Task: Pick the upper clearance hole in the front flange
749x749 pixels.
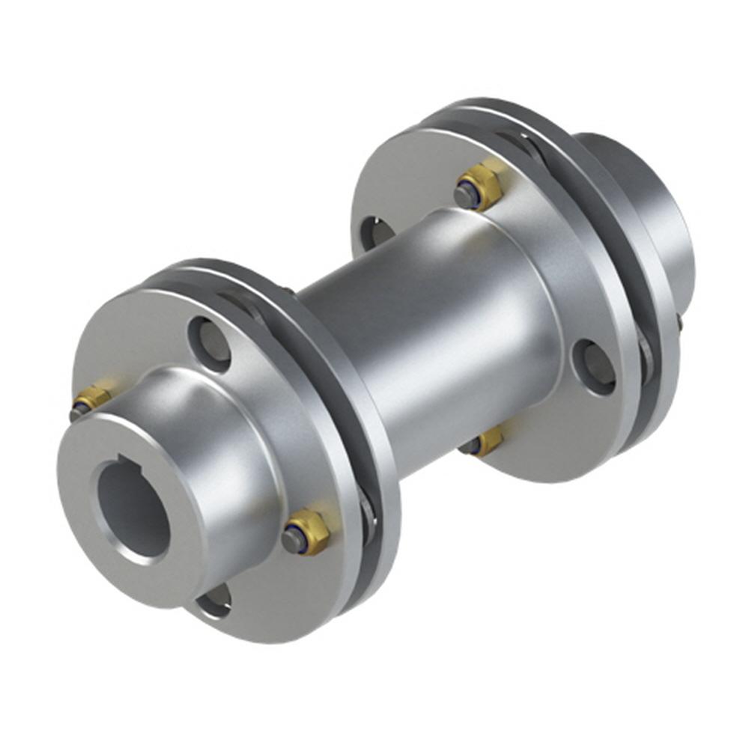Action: [x=210, y=344]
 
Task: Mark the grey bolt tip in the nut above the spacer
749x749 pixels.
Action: [x=465, y=196]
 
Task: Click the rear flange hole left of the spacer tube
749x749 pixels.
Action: [x=377, y=233]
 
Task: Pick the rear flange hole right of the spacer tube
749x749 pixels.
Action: [x=595, y=366]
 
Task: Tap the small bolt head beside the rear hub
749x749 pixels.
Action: [x=679, y=322]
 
